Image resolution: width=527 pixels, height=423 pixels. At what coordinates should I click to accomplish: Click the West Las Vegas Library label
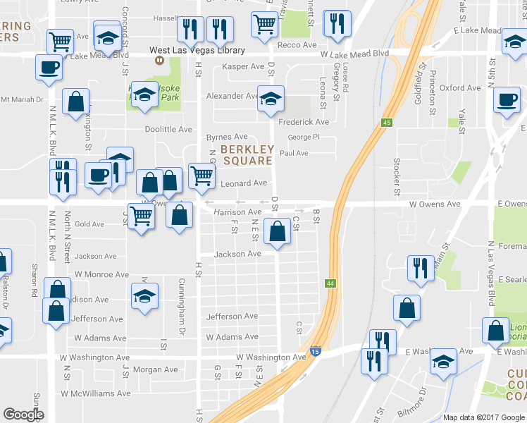click(x=197, y=51)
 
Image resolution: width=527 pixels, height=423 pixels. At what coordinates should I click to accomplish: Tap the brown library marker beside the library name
click(x=160, y=61)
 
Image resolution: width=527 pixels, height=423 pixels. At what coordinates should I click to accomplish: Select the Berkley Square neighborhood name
click(x=247, y=155)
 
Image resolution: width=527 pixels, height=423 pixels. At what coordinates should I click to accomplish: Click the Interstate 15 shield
click(x=315, y=350)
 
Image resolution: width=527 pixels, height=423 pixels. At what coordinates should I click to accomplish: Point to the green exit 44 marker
click(x=330, y=283)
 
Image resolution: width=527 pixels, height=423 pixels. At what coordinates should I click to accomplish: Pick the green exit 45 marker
click(x=387, y=123)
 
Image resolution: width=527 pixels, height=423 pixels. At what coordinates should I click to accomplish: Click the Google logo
click(x=23, y=415)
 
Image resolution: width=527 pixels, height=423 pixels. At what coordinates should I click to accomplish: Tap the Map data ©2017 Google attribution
click(x=483, y=417)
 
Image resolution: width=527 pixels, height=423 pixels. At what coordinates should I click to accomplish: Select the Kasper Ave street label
click(x=242, y=66)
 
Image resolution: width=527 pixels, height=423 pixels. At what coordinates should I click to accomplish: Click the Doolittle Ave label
click(x=168, y=129)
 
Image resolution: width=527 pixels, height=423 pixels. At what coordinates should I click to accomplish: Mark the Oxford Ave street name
click(x=460, y=88)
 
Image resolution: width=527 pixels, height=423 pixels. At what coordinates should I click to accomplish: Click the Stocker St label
click(x=397, y=176)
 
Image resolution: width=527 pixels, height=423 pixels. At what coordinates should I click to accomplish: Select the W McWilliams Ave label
click(x=96, y=393)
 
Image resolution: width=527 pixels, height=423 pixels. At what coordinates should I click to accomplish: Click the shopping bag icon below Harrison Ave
click(x=278, y=230)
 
